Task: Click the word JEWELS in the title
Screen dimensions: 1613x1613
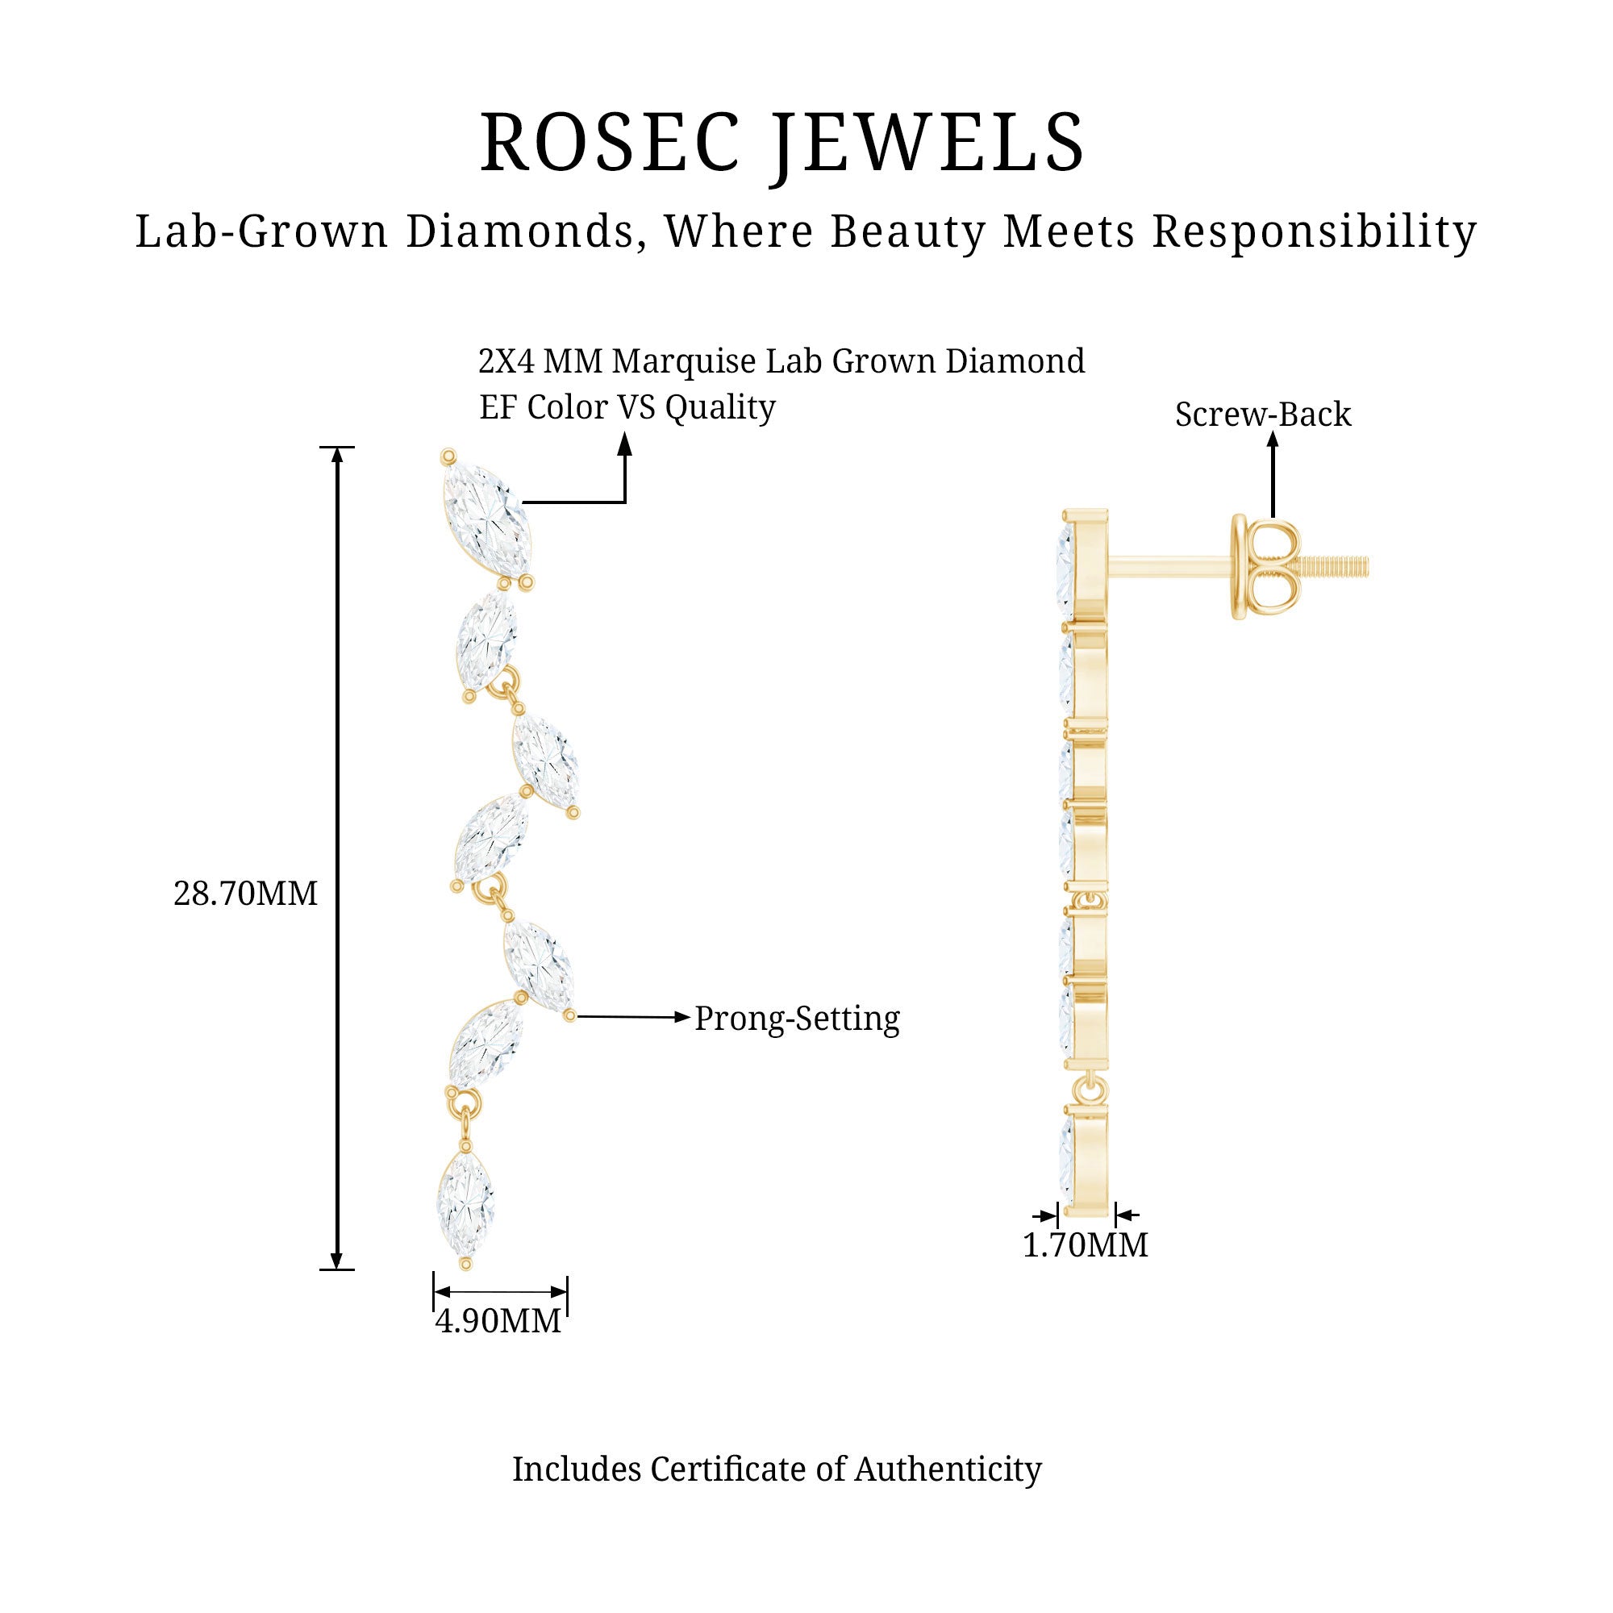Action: [927, 143]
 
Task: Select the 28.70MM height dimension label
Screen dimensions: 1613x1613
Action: [245, 894]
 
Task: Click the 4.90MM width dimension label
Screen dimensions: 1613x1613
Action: [498, 1321]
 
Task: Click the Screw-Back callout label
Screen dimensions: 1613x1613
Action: [1262, 415]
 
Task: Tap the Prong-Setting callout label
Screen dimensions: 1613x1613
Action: [798, 1019]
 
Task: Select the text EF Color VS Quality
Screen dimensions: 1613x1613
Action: [627, 407]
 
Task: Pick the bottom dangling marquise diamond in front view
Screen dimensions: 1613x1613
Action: [465, 1204]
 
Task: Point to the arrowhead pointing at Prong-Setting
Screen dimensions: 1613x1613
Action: [684, 1017]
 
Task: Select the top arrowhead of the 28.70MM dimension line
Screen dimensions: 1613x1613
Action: [337, 455]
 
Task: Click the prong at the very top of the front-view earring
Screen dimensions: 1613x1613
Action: [448, 456]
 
